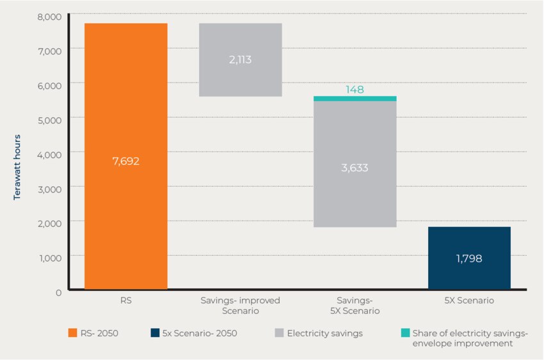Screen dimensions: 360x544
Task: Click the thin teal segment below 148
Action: pos(355,98)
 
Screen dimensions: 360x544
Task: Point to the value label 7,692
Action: pos(125,161)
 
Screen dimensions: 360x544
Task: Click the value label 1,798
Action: pos(468,259)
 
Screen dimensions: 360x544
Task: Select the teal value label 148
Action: pos(355,90)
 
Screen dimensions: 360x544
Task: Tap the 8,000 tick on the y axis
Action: pos(49,15)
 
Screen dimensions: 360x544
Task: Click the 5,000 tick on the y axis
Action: pos(49,119)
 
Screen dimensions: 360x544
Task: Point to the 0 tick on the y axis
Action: pos(58,292)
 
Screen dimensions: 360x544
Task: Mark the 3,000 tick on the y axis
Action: pos(49,188)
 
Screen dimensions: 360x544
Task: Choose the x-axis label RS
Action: pos(125,300)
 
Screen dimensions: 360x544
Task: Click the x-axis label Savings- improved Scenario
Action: pos(240,305)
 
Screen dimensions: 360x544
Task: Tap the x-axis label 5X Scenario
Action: pos(469,300)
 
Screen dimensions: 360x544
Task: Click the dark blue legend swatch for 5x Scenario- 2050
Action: pos(156,333)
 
